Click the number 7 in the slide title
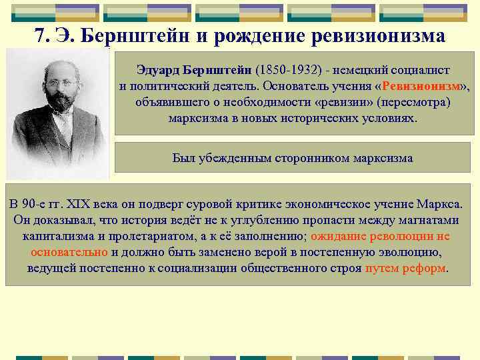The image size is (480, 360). point(39,35)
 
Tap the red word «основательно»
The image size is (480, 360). point(69,252)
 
